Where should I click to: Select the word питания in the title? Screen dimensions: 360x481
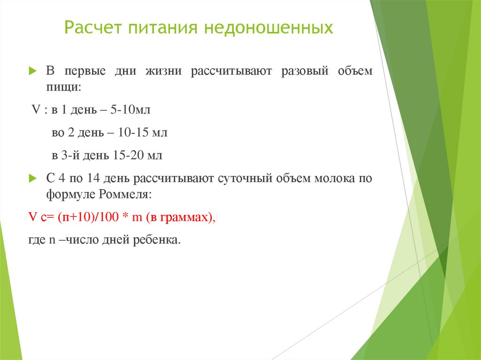tap(157, 28)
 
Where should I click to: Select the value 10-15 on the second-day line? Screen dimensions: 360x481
tap(133, 133)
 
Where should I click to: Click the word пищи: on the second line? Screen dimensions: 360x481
tap(63, 87)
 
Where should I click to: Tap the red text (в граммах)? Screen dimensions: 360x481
tap(180, 217)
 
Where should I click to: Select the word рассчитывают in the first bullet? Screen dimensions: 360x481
tap(230, 71)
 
